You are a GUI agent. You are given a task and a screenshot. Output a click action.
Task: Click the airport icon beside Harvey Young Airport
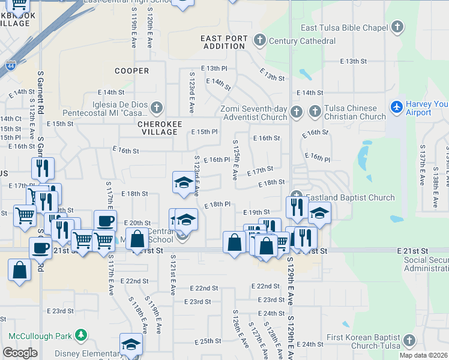click(396, 107)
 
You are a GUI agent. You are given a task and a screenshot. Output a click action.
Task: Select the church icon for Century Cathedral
click(259, 41)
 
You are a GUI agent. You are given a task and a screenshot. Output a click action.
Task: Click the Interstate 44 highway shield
click(11, 65)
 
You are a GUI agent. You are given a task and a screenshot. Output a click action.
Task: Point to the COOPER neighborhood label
click(131, 71)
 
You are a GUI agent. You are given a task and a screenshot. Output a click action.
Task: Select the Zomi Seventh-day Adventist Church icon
click(297, 112)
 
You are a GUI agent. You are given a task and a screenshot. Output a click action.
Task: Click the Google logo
click(20, 353)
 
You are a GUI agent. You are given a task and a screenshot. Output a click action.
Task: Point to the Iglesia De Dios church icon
click(156, 108)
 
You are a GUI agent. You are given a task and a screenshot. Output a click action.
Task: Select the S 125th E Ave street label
click(235, 159)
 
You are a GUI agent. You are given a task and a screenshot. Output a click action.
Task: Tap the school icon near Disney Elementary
click(131, 344)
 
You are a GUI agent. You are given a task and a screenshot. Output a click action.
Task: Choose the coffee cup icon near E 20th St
click(105, 220)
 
